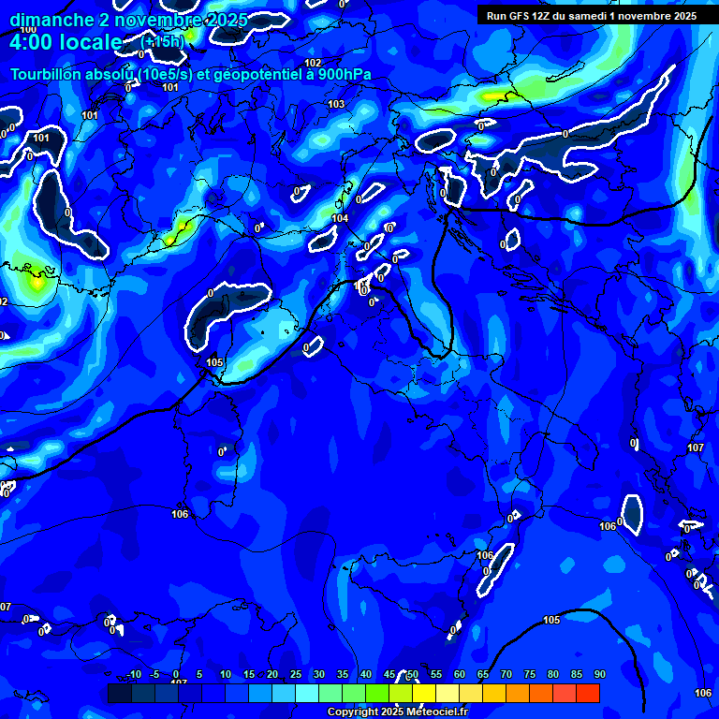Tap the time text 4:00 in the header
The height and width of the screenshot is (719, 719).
click(x=33, y=42)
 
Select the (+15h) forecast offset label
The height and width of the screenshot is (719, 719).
click(x=162, y=42)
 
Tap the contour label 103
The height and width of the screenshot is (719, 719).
click(x=337, y=104)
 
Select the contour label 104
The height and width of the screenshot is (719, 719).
click(x=340, y=218)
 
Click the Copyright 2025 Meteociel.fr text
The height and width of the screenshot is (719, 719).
click(x=396, y=712)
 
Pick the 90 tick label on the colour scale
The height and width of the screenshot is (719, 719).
click(x=599, y=674)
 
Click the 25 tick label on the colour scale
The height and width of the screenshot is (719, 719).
click(x=295, y=674)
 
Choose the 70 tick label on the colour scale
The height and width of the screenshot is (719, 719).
click(x=506, y=674)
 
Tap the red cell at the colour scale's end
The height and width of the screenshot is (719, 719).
click(x=587, y=693)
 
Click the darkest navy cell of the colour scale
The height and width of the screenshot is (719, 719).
click(x=120, y=693)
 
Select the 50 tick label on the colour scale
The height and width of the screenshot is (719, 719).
click(x=412, y=674)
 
